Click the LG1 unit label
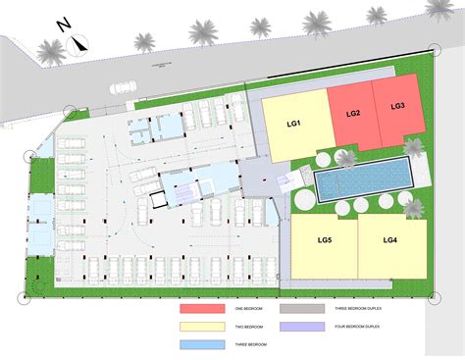[292, 124]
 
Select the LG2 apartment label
[354, 113]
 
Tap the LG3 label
[398, 106]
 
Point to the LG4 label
[389, 239]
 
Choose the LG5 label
[325, 240]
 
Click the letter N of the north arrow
[62, 26]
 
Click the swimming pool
[361, 178]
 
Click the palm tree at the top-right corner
[439, 8]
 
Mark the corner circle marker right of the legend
[427, 291]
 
